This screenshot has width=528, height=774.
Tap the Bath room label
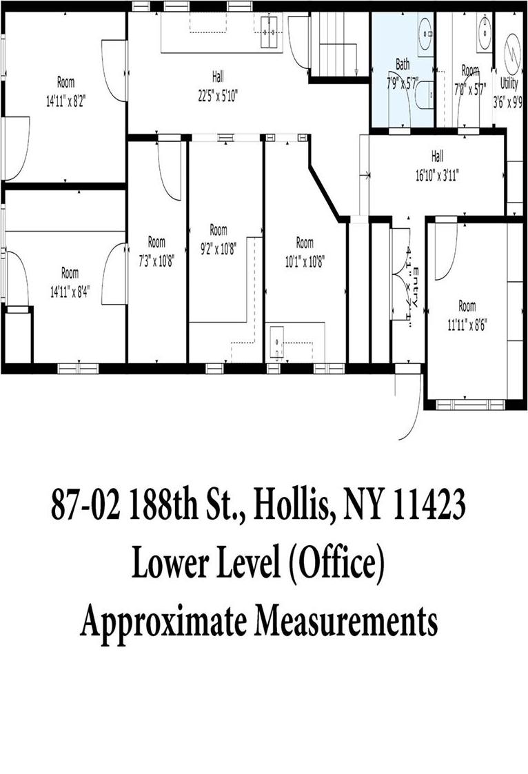[x=403, y=65]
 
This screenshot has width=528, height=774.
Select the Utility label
[x=509, y=88]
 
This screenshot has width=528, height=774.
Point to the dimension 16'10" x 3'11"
[x=437, y=176]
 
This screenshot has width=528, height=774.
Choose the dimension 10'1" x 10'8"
[x=305, y=261]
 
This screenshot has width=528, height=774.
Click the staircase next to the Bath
[x=338, y=43]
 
